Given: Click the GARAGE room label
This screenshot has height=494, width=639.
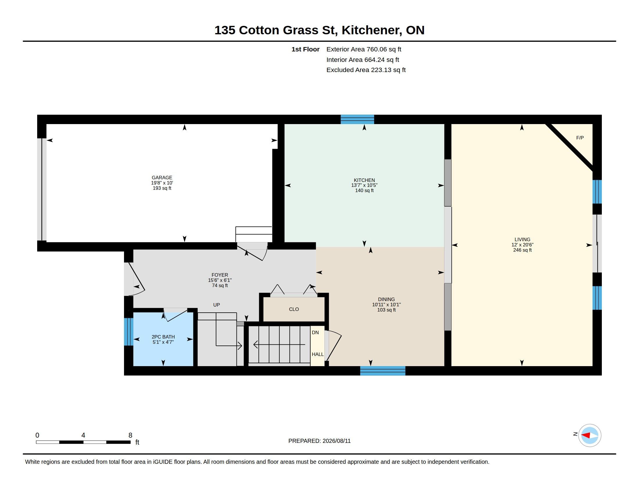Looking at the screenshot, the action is point(162,178).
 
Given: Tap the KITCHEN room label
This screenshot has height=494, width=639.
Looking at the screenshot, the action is point(364,180).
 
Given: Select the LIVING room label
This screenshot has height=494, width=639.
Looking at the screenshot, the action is point(522,239).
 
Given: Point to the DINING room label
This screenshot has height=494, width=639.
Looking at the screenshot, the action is point(386,299).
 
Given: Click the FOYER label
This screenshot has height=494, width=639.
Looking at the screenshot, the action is point(220,275).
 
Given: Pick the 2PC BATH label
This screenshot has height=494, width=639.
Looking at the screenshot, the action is point(163,337).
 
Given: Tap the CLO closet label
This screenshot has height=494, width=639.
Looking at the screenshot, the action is point(294,309).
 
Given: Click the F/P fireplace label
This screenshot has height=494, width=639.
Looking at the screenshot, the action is point(580,138).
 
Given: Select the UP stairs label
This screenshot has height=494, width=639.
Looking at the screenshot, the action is point(216,305).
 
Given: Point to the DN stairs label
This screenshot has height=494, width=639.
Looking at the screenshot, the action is point(315,332).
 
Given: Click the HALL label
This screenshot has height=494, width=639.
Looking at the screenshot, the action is point(317,355).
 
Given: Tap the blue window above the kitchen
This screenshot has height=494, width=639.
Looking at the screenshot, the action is point(357,119).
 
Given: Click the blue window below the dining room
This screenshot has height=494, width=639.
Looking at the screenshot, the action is point(383,371).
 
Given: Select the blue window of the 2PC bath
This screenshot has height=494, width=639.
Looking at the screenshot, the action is point(129,332).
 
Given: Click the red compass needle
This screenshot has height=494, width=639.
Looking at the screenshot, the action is point(585,435).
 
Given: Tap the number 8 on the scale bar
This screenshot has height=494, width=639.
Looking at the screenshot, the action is point(130,435).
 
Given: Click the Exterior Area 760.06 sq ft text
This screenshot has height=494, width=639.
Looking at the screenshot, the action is point(364,49).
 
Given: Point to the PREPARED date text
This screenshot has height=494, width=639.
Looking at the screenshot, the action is point(319,441).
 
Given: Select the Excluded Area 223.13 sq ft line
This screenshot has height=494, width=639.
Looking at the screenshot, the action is point(366,70).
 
